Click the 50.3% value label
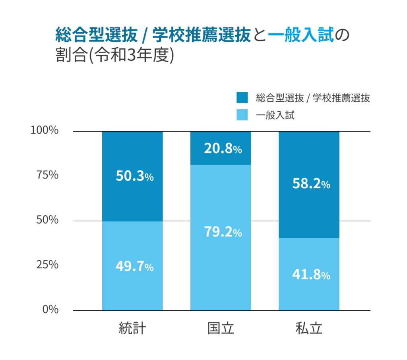tap(134, 176)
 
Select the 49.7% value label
tap(134, 267)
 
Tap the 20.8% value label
tap(223, 149)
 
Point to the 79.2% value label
tap(223, 232)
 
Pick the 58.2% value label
tap(311, 184)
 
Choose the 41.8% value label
tap(311, 275)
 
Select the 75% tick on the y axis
tap(47, 175)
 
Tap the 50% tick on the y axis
tap(47, 220)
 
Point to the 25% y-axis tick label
tap(47, 265)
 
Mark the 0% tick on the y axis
tap(50, 309)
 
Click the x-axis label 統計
tap(132, 329)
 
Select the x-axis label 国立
tap(221, 329)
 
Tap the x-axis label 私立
tap(309, 329)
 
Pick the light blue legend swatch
tap(242, 115)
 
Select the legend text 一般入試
tap(275, 116)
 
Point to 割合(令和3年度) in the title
tap(115, 55)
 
